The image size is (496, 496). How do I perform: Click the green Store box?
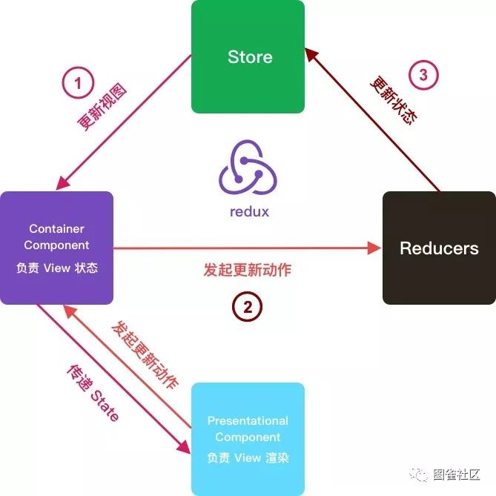click(x=248, y=56)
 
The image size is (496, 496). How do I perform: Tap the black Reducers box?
click(x=439, y=248)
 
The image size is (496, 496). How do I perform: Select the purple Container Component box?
click(x=56, y=248)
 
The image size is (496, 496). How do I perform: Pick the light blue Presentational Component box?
click(x=248, y=439)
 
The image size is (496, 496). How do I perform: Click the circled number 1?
click(x=78, y=82)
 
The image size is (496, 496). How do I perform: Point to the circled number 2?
click(x=248, y=306)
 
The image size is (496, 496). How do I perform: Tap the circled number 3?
click(x=423, y=75)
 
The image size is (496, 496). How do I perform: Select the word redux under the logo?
click(x=249, y=211)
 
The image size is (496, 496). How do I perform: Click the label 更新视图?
click(x=102, y=106)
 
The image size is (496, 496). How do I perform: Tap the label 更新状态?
click(x=394, y=100)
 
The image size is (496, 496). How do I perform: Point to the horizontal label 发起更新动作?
click(x=248, y=270)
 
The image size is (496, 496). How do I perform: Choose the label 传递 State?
click(x=93, y=393)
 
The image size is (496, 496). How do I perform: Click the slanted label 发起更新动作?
click(x=145, y=354)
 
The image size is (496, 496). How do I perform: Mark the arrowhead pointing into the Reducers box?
click(x=374, y=248)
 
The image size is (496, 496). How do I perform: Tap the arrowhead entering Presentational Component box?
click(x=184, y=447)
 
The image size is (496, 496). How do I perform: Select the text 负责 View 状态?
click(x=57, y=268)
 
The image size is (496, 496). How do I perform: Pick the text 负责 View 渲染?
click(x=248, y=457)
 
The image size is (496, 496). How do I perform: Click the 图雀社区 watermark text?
click(x=457, y=474)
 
